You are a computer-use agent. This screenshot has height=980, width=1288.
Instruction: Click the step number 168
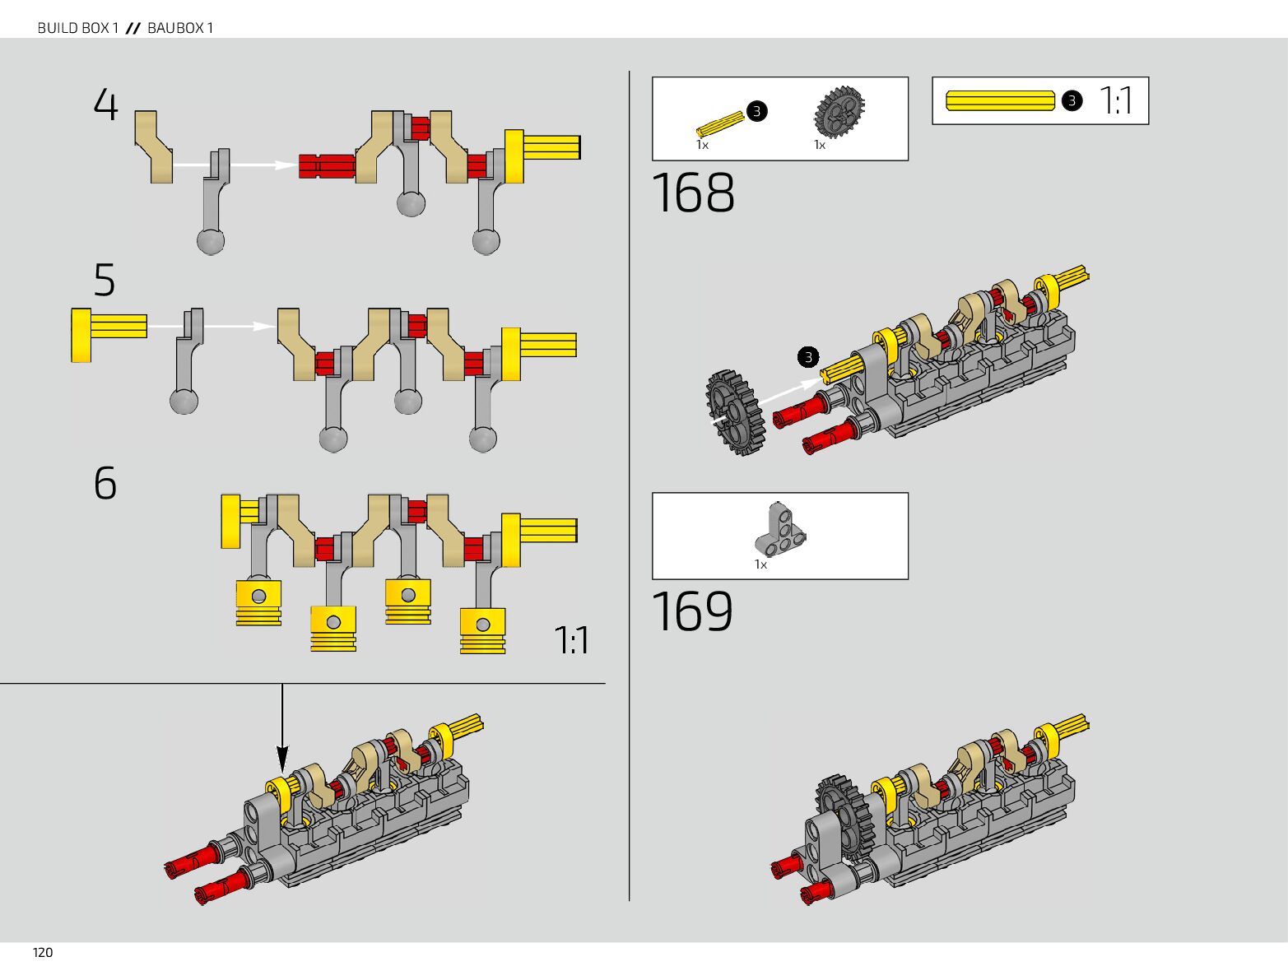[x=692, y=193]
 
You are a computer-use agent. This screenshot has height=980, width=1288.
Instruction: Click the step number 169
[x=692, y=611]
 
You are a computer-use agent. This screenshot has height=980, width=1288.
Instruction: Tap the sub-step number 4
[x=105, y=105]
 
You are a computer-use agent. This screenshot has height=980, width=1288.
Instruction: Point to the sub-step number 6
[x=105, y=483]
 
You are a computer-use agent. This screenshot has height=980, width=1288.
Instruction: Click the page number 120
[x=43, y=952]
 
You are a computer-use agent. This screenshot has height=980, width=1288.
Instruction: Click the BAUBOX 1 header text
[x=180, y=28]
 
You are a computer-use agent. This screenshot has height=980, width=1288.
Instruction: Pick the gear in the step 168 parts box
[x=839, y=111]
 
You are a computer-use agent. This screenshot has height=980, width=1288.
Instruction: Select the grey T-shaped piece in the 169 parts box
[x=780, y=528]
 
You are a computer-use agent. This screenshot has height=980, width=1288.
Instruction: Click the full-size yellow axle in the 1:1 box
[x=1000, y=100]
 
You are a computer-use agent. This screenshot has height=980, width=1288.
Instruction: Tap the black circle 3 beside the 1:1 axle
[x=1072, y=101]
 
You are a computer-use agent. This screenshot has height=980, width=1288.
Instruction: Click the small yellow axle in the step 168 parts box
[x=720, y=124]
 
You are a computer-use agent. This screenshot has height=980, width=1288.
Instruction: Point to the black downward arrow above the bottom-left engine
[x=282, y=728]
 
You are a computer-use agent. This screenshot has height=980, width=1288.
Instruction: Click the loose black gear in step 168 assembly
[x=736, y=413]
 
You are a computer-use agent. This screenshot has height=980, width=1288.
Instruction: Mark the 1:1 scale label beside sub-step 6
[x=571, y=640]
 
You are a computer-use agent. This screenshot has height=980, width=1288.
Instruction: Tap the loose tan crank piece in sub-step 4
[x=154, y=146]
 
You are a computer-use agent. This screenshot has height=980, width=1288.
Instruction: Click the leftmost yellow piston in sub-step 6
[x=258, y=603]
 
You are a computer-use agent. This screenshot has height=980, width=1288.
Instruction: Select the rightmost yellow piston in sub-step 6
[x=483, y=630]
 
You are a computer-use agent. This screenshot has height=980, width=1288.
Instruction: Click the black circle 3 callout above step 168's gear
[x=808, y=357]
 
